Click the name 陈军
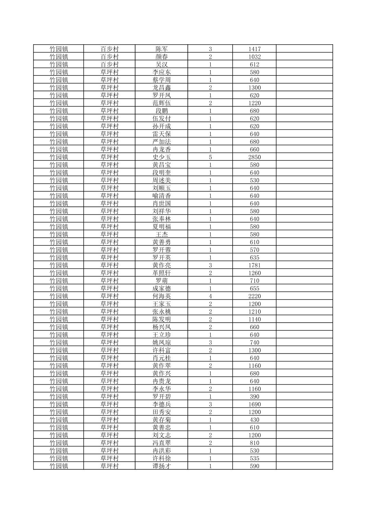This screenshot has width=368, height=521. tap(161, 49)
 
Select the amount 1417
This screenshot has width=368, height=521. tap(254, 49)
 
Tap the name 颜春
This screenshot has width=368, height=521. tap(161, 57)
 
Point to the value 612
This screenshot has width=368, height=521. tap(254, 64)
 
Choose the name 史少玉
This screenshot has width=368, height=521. tap(161, 157)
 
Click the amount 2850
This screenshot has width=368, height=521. tap(254, 157)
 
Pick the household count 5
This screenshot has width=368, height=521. tap(210, 157)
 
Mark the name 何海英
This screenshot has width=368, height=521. tap(161, 296)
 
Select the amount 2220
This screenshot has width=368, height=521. tap(254, 296)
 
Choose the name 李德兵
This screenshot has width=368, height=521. tap(161, 404)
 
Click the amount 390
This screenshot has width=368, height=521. tap(254, 397)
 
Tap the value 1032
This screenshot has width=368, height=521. tap(254, 57)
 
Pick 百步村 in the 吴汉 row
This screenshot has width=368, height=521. tap(109, 64)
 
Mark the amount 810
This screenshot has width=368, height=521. tap(254, 443)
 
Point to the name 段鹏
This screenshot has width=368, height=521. tap(161, 111)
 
